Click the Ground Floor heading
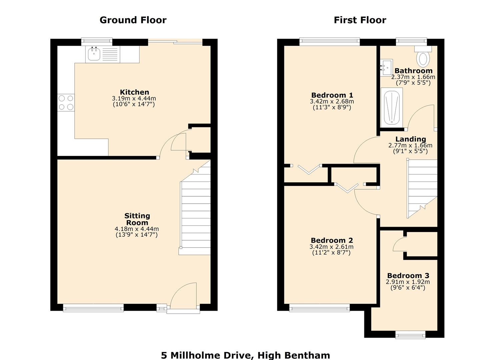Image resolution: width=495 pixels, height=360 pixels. click(133, 20)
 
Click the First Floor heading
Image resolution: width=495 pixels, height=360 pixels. click(360, 20)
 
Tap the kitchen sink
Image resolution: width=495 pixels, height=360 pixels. click(94, 54)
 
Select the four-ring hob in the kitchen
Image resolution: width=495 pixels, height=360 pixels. click(66, 103)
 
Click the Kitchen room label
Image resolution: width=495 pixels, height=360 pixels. click(134, 92)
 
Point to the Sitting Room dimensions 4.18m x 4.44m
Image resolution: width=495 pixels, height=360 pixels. click(137, 229)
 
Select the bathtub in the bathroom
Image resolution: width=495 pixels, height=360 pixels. click(392, 107)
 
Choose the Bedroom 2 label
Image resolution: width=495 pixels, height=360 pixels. click(332, 240)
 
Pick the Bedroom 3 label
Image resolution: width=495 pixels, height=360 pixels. click(408, 276)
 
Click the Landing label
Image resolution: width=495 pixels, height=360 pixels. click(411, 139)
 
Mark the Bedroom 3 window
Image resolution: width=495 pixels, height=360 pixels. click(410, 334)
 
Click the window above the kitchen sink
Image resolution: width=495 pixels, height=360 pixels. click(97, 41)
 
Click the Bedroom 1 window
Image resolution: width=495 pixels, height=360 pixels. click(330, 41)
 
